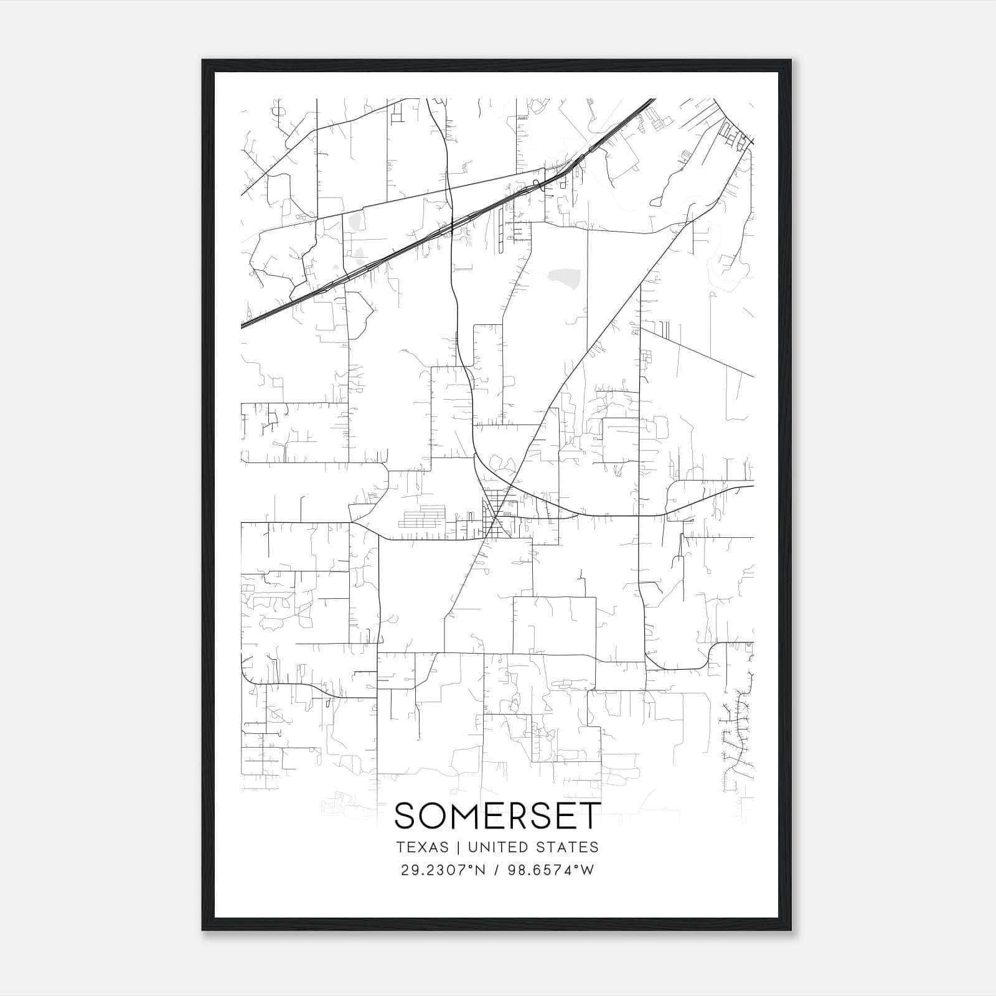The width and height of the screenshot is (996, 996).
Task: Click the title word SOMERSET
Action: pyautogui.click(x=498, y=815)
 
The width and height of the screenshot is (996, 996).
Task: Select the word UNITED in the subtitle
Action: pyautogui.click(x=492, y=847)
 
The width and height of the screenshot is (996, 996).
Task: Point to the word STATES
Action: pyautogui.click(x=566, y=847)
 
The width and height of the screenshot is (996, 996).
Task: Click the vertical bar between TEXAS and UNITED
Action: pyautogui.click(x=458, y=847)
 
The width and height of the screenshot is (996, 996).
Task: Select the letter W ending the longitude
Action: pyautogui.click(x=588, y=870)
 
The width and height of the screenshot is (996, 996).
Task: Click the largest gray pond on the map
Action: pyautogui.click(x=564, y=276)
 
